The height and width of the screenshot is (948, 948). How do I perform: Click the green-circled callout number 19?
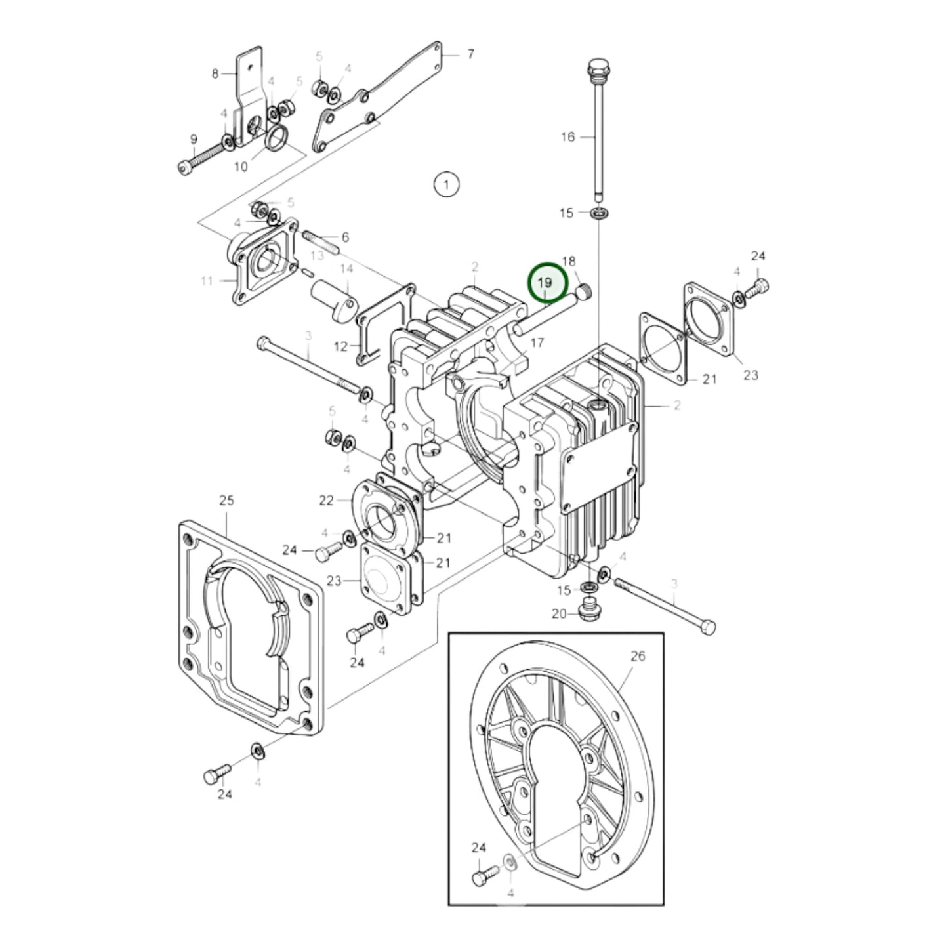[546, 283]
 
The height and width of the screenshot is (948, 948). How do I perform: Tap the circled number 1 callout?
[446, 184]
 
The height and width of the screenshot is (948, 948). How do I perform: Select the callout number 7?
[470, 54]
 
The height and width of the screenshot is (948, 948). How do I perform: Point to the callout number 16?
[567, 136]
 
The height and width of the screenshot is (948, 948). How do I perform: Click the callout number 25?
[226, 501]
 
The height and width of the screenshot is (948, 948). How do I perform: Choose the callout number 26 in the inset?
[638, 656]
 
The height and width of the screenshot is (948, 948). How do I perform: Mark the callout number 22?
[327, 501]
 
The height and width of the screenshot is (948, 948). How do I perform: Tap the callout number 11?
[207, 281]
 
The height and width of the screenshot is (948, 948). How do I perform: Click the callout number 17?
[537, 342]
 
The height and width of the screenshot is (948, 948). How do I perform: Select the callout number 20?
[559, 613]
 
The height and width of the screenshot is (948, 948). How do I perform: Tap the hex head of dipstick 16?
[596, 67]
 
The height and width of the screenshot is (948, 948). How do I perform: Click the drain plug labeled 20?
[588, 609]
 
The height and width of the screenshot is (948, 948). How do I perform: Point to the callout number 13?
[318, 255]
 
